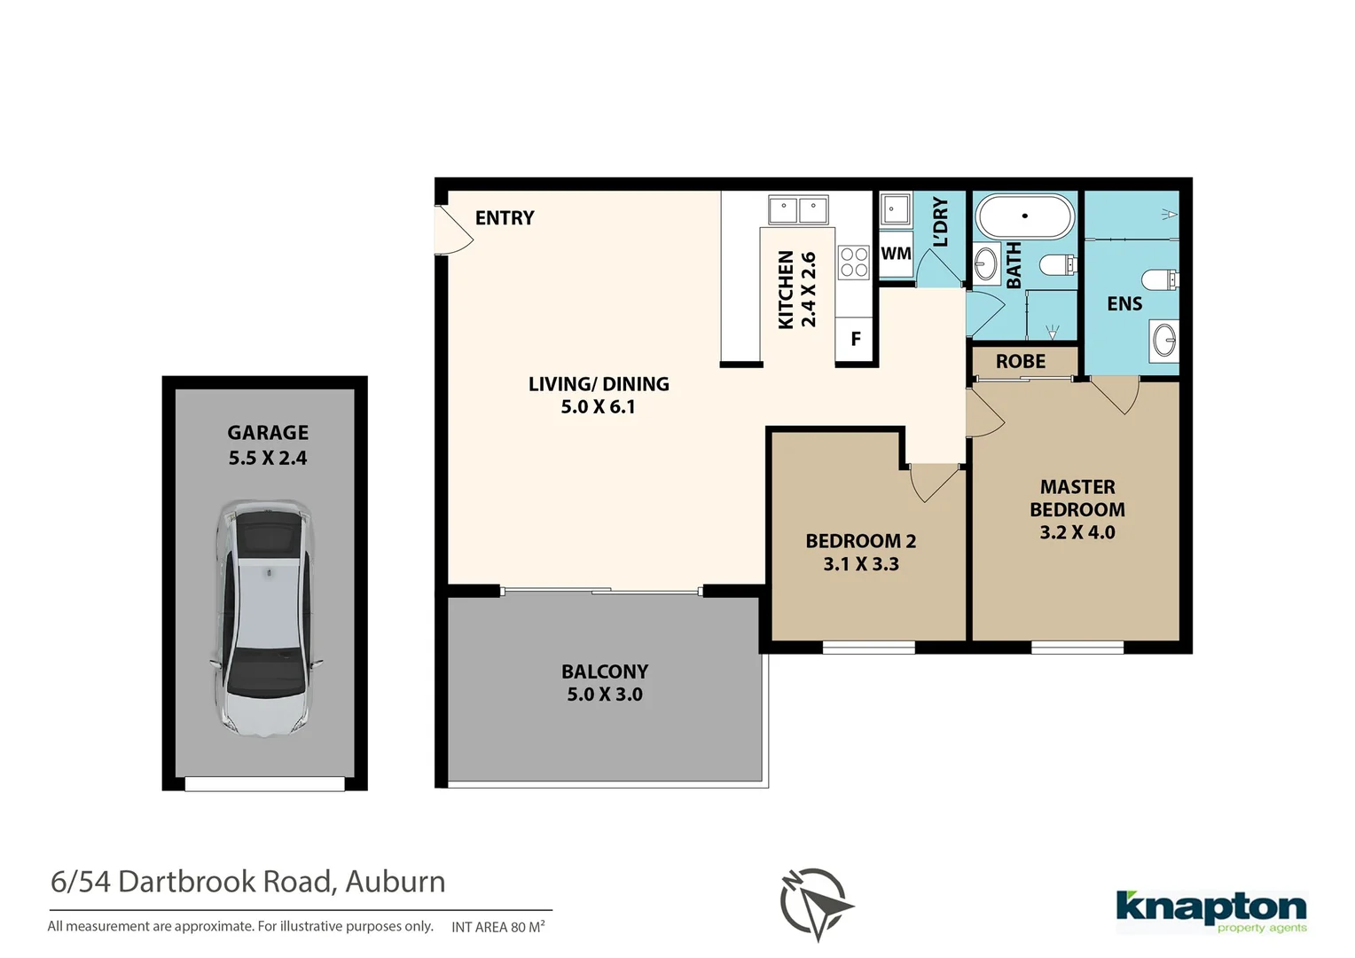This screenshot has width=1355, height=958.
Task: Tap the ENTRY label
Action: [x=504, y=218]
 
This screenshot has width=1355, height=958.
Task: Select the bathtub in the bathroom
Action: [x=1024, y=216]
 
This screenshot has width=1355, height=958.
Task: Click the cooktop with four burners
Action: [x=853, y=263]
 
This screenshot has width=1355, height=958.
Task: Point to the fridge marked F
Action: [x=856, y=339]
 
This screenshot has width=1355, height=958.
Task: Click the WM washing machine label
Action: [x=896, y=254]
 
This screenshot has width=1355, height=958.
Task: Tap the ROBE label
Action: [x=1020, y=362]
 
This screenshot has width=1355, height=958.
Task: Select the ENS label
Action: [x=1124, y=304]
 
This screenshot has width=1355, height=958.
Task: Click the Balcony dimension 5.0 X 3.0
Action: [x=605, y=695]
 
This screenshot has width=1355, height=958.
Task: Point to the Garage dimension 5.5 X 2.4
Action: [x=268, y=459]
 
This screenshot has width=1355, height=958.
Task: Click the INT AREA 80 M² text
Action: [x=497, y=927]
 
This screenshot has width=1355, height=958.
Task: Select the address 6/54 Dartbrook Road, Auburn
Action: [x=248, y=882]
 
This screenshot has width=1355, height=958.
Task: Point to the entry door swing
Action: [x=452, y=231]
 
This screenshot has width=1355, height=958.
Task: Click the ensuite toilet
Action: [x=1159, y=280]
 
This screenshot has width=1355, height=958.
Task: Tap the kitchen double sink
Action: [x=797, y=211]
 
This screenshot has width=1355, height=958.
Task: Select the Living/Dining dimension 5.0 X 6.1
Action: [x=598, y=407]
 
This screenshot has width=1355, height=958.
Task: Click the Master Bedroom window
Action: [x=1077, y=648]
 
